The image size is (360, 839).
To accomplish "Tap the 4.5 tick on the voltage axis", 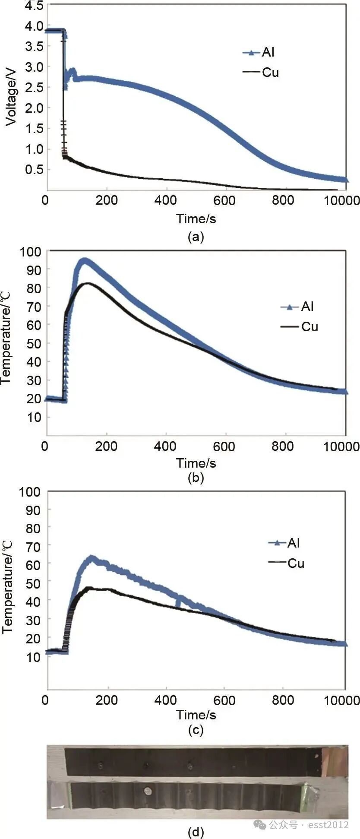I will (x=34, y=6).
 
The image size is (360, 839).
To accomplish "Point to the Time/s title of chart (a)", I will (x=196, y=218).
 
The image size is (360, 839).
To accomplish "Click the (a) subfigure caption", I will (x=196, y=237).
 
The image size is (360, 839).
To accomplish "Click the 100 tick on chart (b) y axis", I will (x=30, y=251).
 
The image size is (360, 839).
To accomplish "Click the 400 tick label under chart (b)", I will (x=165, y=446).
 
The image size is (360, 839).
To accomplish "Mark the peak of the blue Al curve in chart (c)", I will (x=91, y=557).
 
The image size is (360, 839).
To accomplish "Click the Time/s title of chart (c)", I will (x=196, y=715).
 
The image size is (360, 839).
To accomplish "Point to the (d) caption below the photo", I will (x=196, y=832).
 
